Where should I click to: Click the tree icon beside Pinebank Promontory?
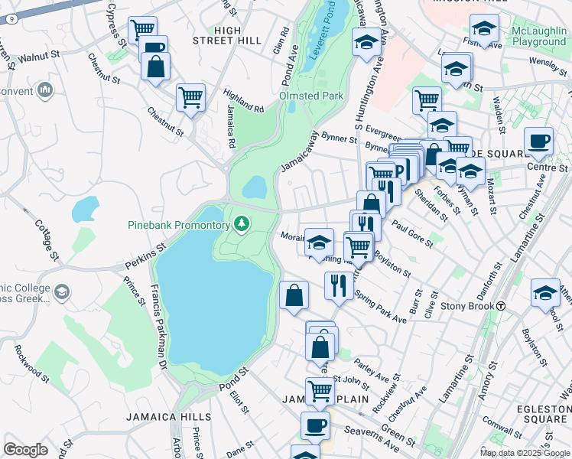pyautogui.click(x=242, y=224)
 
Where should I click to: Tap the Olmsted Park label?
pyautogui.click(x=311, y=96)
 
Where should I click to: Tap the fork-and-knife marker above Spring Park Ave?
pyautogui.click(x=338, y=285)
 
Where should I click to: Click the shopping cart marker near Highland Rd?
pyautogui.click(x=190, y=98)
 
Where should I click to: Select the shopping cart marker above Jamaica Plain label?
pyautogui.click(x=320, y=392)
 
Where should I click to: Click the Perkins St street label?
pyautogui.click(x=145, y=259)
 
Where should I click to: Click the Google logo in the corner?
pyautogui.click(x=25, y=450)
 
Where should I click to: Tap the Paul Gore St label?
pyautogui.click(x=411, y=233)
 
